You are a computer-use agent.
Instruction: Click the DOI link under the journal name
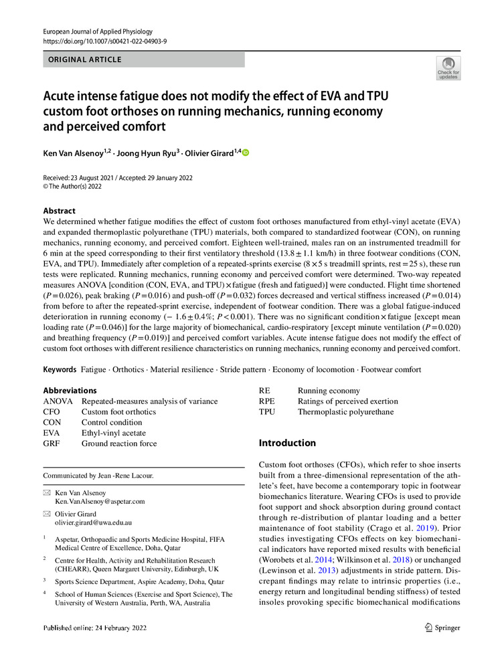click(104, 41)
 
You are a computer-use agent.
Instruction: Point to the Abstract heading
click(60, 209)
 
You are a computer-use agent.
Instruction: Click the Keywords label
click(60, 369)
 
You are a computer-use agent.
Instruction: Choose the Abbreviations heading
click(70, 391)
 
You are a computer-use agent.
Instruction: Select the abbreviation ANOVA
click(58, 401)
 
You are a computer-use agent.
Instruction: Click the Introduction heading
click(287, 443)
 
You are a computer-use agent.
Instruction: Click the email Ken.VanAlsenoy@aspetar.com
click(100, 501)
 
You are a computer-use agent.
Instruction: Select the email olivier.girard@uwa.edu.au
click(93, 522)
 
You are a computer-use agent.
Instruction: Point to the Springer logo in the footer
click(443, 628)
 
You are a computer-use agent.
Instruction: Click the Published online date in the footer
click(94, 628)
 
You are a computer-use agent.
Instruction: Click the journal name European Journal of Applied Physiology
click(98, 31)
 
